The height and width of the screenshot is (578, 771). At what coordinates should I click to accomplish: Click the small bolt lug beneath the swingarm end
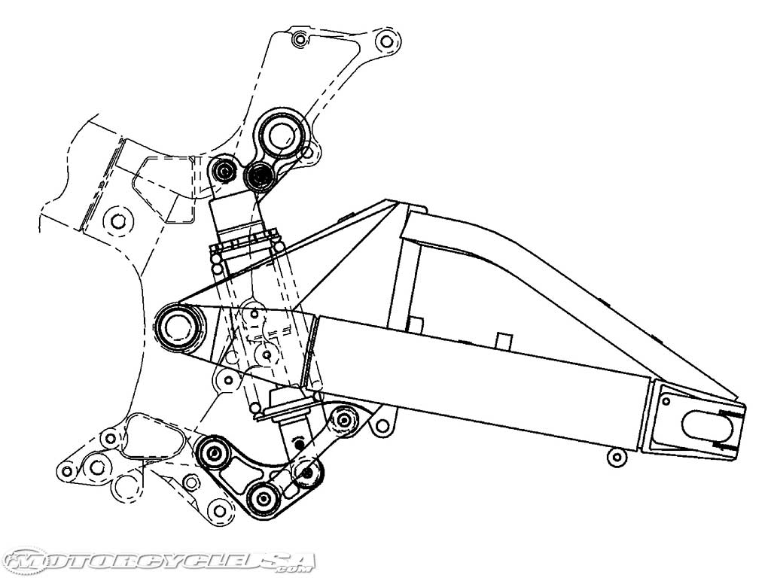point(617,456)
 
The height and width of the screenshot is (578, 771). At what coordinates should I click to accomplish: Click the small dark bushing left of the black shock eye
point(223,171)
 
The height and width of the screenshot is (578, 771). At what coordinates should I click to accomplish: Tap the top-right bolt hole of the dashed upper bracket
point(387,40)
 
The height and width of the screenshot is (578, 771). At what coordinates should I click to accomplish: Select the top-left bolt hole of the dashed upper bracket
point(299,38)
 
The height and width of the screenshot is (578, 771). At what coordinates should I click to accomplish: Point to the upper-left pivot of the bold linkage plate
point(213,452)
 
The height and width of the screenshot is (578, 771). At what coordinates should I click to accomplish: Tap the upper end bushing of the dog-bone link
point(346,418)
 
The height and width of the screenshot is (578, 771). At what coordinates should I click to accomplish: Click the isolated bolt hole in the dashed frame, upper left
point(117,221)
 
